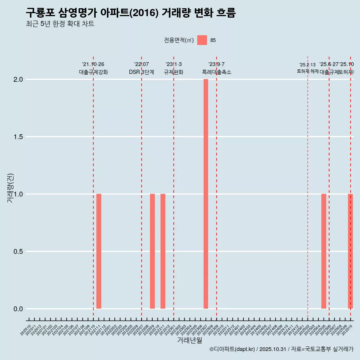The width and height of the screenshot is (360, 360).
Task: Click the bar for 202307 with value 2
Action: (x=206, y=194)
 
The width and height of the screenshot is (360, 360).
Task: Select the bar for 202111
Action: (x=99, y=251)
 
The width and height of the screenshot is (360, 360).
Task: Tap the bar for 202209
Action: (x=152, y=251)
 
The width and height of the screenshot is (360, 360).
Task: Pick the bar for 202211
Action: (x=163, y=251)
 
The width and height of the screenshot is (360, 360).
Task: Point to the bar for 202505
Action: (x=324, y=251)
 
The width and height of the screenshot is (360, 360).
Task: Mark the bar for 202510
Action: (x=350, y=251)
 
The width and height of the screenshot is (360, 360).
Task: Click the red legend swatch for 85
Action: (x=202, y=40)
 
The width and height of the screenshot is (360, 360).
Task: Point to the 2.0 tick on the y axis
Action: (x=18, y=79)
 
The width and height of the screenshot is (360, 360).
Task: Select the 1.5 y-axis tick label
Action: (x=18, y=137)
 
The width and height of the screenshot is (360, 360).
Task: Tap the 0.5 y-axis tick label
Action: (x=18, y=252)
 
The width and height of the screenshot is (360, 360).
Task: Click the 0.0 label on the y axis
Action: (x=18, y=309)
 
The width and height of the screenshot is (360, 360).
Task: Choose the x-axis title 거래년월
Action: (x=189, y=340)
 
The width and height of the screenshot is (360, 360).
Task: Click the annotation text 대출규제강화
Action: (x=93, y=72)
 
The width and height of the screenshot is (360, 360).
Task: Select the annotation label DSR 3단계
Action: (x=141, y=72)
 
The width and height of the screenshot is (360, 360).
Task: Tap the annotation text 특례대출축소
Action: (x=216, y=72)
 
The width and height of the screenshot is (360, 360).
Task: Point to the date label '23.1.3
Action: (x=174, y=64)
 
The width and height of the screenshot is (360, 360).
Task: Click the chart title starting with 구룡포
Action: (x=130, y=13)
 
